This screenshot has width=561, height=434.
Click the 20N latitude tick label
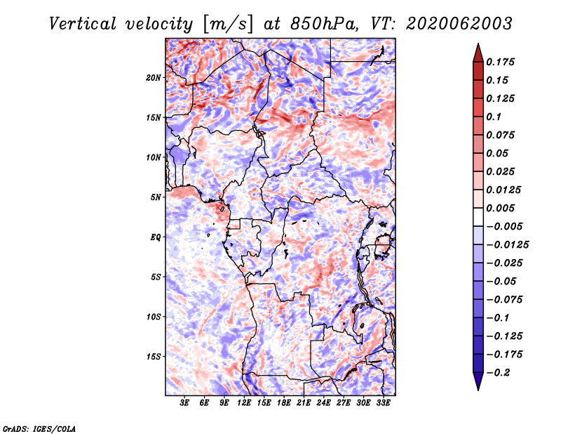click(x=153, y=78)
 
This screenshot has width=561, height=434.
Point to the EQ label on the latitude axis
click(x=155, y=237)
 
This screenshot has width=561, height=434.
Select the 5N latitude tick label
click(x=156, y=197)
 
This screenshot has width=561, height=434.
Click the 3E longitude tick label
click(x=184, y=402)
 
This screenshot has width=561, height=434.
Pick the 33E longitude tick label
click(x=383, y=402)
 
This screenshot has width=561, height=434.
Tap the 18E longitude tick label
click(x=284, y=402)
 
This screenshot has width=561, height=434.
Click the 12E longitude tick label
click(x=244, y=402)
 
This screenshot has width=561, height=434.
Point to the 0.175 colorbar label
click(x=500, y=62)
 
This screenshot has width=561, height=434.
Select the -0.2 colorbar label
click(x=497, y=373)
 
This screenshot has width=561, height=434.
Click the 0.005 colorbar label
click(x=500, y=208)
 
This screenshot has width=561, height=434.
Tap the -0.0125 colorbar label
click(x=507, y=245)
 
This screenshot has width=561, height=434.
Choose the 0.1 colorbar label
click(x=494, y=117)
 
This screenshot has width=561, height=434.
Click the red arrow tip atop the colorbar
click(x=478, y=44)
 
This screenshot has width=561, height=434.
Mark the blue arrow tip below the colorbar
click(x=478, y=390)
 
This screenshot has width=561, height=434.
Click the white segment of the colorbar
click(x=478, y=217)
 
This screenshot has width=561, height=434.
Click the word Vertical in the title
click(x=83, y=24)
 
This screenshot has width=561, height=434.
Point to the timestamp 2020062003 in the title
click(x=459, y=24)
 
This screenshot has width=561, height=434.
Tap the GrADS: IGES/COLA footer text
click(x=39, y=428)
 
